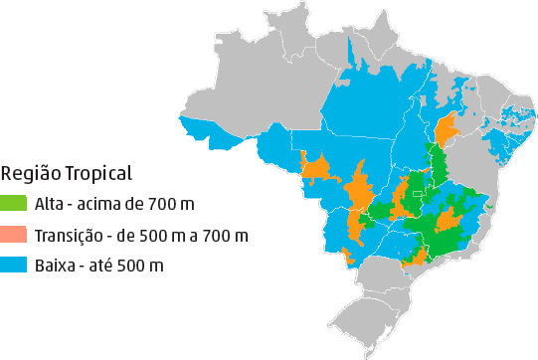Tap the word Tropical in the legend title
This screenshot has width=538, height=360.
97,174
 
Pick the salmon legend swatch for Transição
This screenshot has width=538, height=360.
14,236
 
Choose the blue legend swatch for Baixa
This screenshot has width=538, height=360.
14,266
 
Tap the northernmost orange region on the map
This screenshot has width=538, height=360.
447,128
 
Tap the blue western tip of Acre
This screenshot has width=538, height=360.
194,127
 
